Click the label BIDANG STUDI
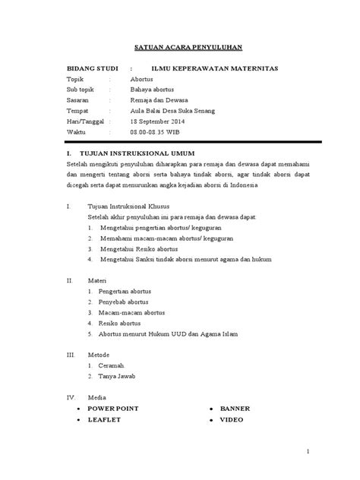(x=89, y=69)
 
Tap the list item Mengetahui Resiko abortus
(x=141, y=248)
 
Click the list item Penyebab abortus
(x=129, y=301)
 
